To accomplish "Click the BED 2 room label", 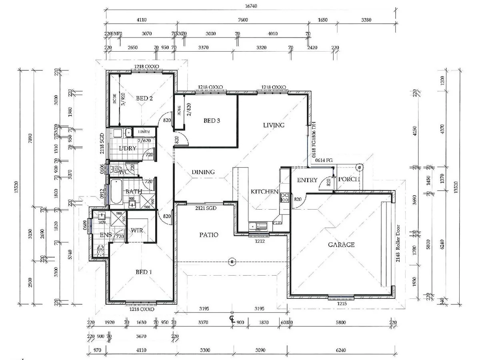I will (x=144, y=98).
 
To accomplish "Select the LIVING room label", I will (x=274, y=125).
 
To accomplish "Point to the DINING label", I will (x=203, y=172).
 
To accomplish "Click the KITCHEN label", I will (x=264, y=192).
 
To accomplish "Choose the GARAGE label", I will (x=341, y=244).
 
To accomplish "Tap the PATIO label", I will (x=209, y=235).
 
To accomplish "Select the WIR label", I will (x=137, y=230).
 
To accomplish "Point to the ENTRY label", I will (x=307, y=180).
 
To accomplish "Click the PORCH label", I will (x=349, y=179).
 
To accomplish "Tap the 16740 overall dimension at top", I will (x=251, y=6).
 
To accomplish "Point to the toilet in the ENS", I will (x=100, y=250).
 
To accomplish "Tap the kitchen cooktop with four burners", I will (x=284, y=197).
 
